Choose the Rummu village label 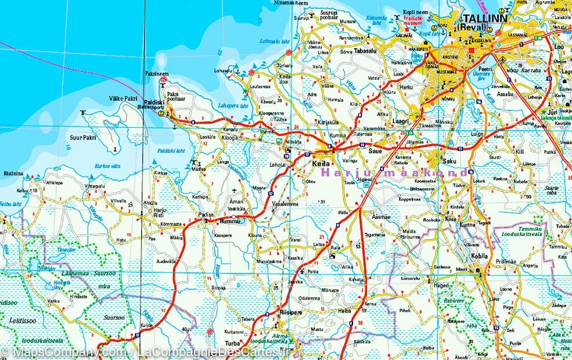225,221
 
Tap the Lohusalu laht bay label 275,41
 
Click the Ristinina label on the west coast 13,173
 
